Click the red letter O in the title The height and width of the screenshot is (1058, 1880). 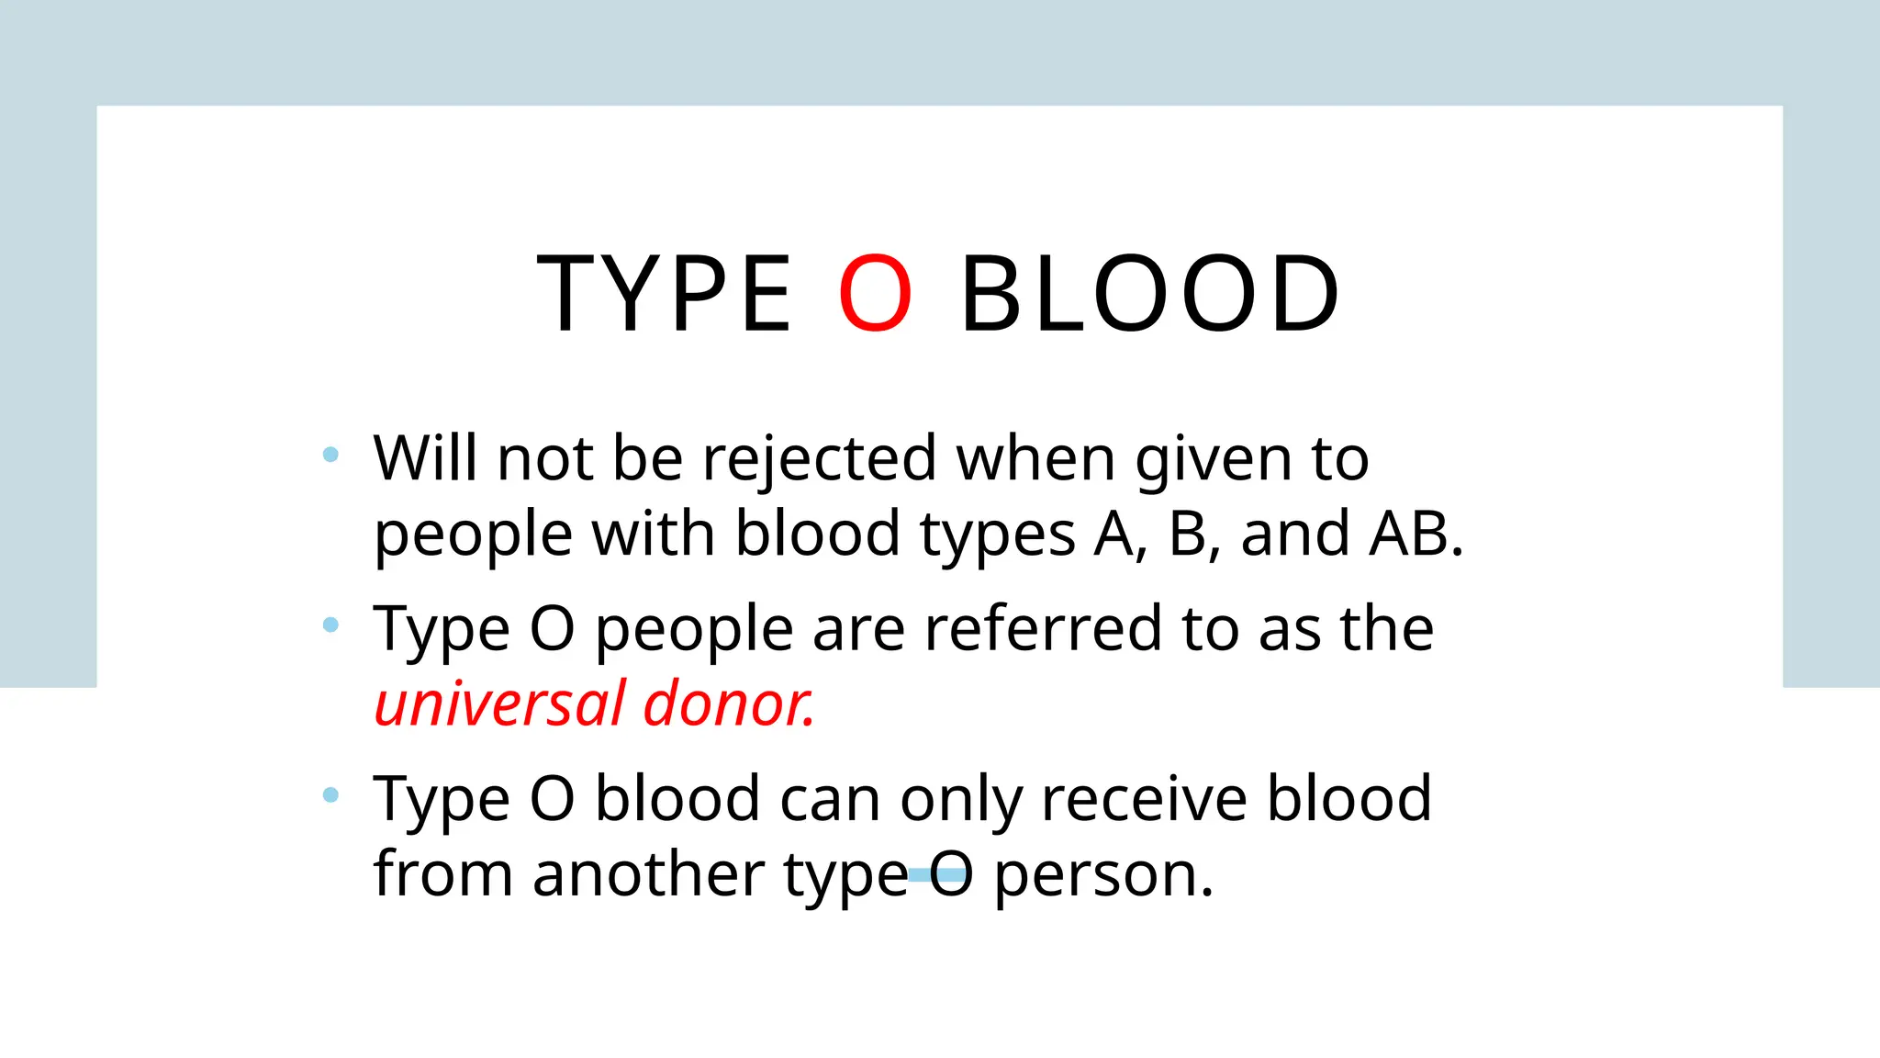click(875, 294)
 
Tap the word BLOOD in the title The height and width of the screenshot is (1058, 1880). click(1150, 294)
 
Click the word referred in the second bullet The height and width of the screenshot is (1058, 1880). click(1042, 629)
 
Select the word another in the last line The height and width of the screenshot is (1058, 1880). click(648, 873)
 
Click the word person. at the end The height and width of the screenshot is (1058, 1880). click(1104, 875)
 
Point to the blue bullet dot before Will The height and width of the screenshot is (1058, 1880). click(331, 454)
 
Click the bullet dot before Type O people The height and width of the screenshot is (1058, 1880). click(331, 625)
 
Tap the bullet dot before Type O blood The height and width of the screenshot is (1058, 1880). click(331, 794)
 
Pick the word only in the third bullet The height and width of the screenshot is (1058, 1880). click(960, 800)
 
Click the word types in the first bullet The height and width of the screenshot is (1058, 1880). click(998, 535)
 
